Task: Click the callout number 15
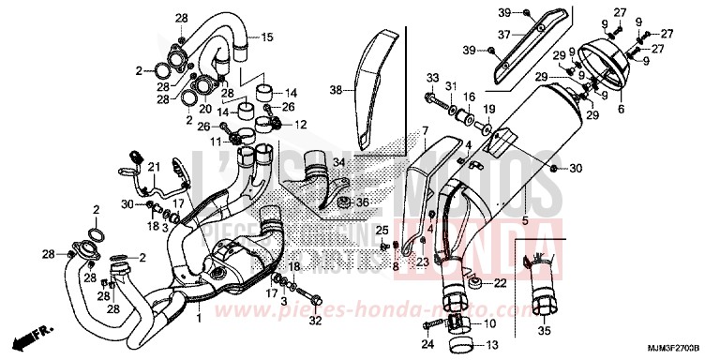click(266, 37)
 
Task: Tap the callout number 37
click(502, 35)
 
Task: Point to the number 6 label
click(620, 110)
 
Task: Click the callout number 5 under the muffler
click(525, 220)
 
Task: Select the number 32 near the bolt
click(315, 321)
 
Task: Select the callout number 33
click(431, 77)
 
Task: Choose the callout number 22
click(501, 282)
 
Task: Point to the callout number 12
click(301, 125)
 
